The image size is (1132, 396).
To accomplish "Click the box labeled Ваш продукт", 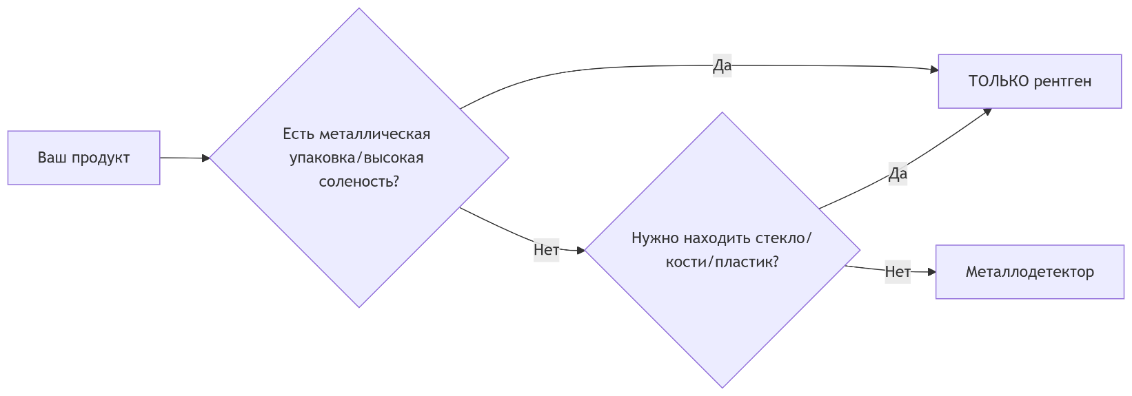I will pyautogui.click(x=83, y=158).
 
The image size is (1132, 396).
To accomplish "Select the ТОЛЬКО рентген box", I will pyautogui.click(x=1029, y=81).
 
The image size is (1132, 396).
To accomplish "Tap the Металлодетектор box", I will pyautogui.click(x=1029, y=272).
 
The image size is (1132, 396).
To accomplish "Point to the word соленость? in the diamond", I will pyautogui.click(x=359, y=182).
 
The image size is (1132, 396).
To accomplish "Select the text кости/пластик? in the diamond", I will pyautogui.click(x=722, y=262).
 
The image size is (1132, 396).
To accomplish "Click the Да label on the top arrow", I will pyautogui.click(x=722, y=65).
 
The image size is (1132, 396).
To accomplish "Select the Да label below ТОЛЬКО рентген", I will pyautogui.click(x=898, y=174).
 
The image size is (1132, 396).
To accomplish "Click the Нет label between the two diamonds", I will pyautogui.click(x=546, y=249).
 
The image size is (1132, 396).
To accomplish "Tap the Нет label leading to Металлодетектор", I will pyautogui.click(x=898, y=272).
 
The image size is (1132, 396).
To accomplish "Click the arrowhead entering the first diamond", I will pyautogui.click(x=205, y=158).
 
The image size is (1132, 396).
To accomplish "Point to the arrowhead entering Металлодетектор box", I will pyautogui.click(x=932, y=272).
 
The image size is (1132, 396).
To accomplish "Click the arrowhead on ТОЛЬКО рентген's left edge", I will pyautogui.click(x=934, y=70).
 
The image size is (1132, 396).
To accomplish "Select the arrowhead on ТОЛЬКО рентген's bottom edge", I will pyautogui.click(x=987, y=111).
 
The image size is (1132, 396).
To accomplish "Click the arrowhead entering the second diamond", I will pyautogui.click(x=580, y=251).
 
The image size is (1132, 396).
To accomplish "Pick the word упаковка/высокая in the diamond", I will pyautogui.click(x=356, y=158).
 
